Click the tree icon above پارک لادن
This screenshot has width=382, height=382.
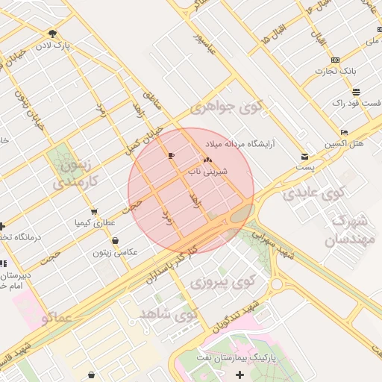[52, 34]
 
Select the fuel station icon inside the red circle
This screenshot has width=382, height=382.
[172, 156]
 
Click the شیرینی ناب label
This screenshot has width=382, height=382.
[230, 170]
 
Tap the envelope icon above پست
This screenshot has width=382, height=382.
[304, 157]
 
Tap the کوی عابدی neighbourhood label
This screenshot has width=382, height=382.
[313, 194]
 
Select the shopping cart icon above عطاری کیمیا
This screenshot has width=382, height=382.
[94, 212]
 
